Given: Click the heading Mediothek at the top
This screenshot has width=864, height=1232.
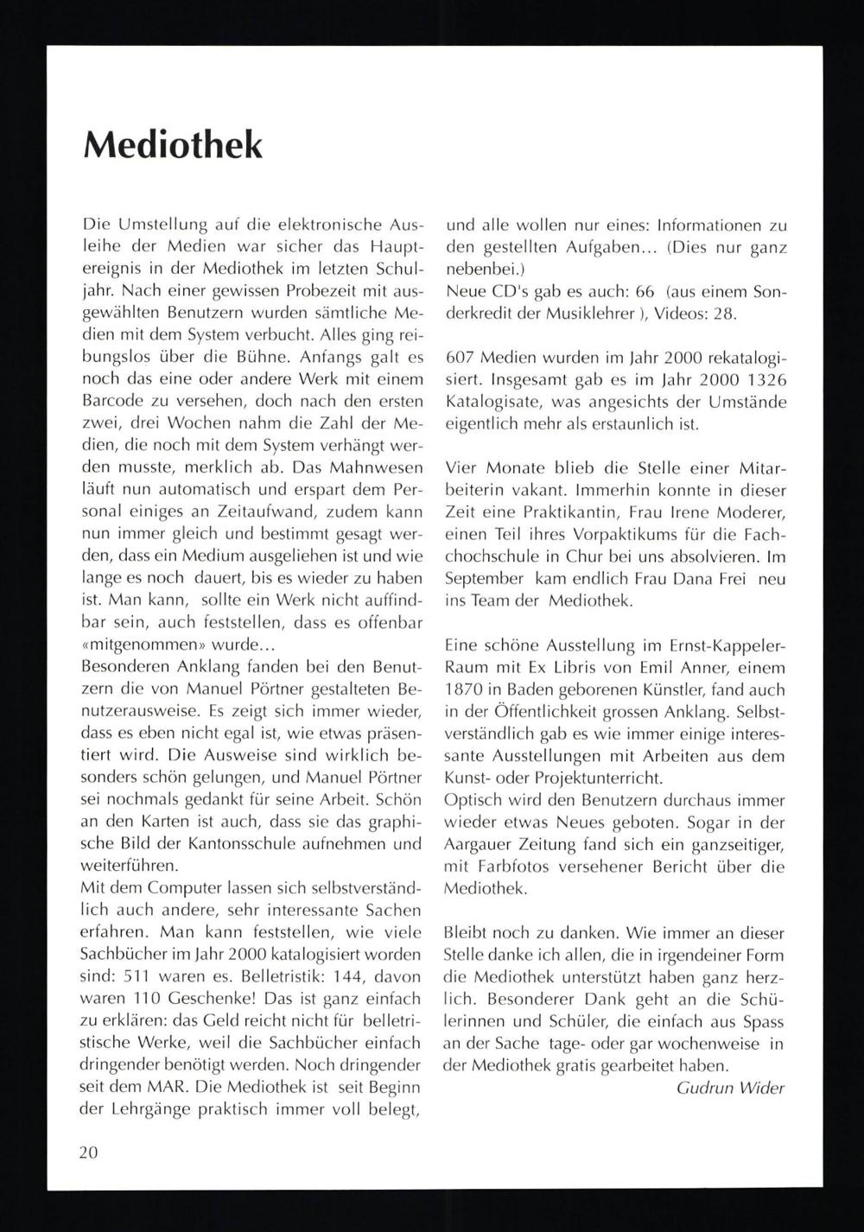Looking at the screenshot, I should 172,144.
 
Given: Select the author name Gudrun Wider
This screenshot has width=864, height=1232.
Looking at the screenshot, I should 730,1088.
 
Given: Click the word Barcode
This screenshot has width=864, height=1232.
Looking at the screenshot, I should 111,401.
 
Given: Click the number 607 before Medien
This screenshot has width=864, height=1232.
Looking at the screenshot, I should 461,358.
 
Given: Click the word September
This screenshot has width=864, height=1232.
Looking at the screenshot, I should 484,579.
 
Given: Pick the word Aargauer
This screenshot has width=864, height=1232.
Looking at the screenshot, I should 475,843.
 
